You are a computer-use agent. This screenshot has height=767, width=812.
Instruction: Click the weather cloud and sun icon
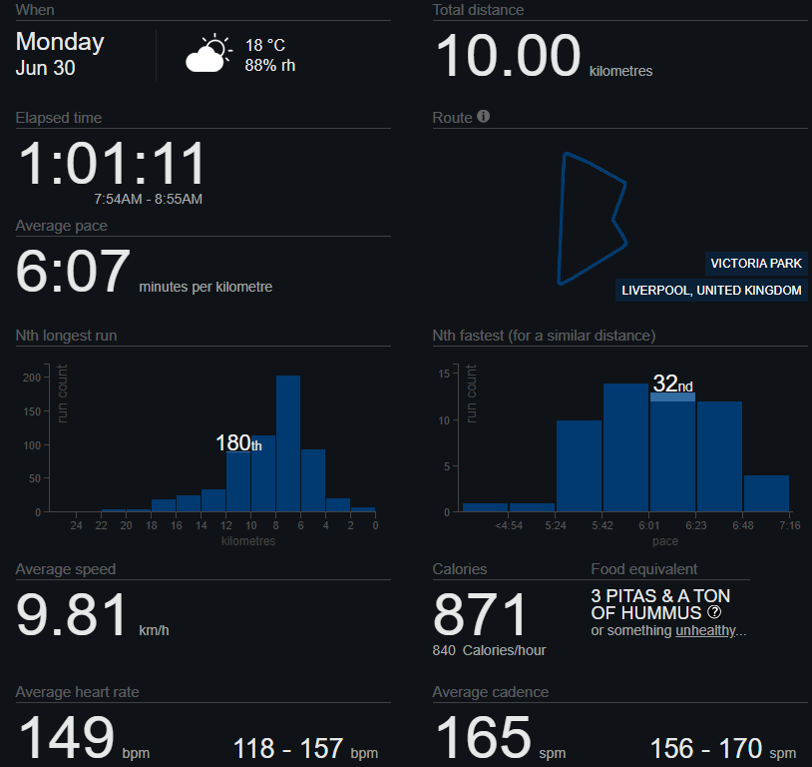[x=207, y=54]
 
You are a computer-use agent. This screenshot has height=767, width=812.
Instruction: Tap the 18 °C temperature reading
[x=265, y=45]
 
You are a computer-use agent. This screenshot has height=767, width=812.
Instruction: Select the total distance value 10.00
[x=508, y=57]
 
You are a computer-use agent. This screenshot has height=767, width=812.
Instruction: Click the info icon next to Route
[x=484, y=117]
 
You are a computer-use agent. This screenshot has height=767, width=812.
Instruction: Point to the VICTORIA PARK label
[x=755, y=264]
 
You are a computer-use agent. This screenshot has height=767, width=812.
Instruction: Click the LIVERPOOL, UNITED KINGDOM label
[x=711, y=291]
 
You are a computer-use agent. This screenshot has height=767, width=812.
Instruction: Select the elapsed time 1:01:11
[x=113, y=164]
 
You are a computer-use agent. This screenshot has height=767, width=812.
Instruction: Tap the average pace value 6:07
[x=73, y=273]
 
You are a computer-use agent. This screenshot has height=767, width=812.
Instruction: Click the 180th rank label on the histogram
[x=238, y=443]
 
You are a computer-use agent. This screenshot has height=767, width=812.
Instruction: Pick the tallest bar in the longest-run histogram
[x=288, y=443]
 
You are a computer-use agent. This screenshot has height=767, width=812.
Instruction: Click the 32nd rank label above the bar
[x=672, y=383]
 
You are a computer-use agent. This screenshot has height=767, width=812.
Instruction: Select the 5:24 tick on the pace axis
[x=556, y=525]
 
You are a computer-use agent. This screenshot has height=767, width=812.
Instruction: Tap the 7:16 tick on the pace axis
[x=789, y=525]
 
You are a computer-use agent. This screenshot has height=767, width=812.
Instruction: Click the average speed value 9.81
[x=72, y=616]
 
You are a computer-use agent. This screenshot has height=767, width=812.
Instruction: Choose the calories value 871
[x=479, y=616]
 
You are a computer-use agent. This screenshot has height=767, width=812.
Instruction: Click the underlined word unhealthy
[x=706, y=631]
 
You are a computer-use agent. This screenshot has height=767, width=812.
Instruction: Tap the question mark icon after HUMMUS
[x=713, y=612]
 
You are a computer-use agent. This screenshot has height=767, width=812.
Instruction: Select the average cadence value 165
[x=483, y=739]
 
